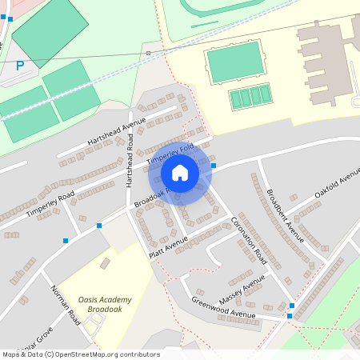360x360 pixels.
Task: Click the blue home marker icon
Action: click(180, 173)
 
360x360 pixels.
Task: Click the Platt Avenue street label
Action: click(168, 246)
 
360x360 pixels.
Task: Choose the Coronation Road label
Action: click(248, 240)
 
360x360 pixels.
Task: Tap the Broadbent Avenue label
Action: click(285, 214)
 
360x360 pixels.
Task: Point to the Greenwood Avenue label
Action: click(223, 308)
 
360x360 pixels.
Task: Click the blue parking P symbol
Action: click(20, 66)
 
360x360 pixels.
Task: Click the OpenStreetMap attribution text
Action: click(80, 354)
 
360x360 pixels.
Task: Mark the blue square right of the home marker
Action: click(214, 166)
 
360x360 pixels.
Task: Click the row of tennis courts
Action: click(250, 98)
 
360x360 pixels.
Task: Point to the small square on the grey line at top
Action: click(148, 53)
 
